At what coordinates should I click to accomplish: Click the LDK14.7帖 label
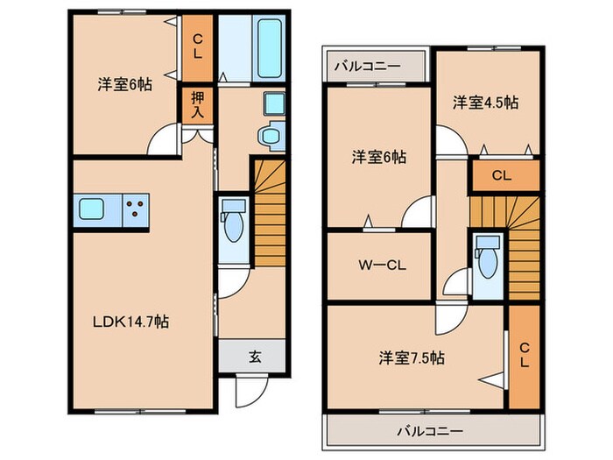point(132,322)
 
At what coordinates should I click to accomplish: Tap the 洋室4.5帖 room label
point(485,103)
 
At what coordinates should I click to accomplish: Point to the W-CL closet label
point(379,265)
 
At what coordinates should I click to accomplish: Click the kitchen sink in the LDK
point(92,209)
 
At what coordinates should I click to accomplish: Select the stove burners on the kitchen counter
point(136,209)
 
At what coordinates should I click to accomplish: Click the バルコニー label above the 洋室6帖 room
point(368,67)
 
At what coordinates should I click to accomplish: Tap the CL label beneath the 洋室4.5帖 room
point(502,175)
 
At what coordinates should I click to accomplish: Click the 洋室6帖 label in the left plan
point(123,85)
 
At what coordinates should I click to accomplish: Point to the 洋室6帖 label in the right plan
point(378,157)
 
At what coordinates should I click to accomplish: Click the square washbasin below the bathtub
point(274,104)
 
